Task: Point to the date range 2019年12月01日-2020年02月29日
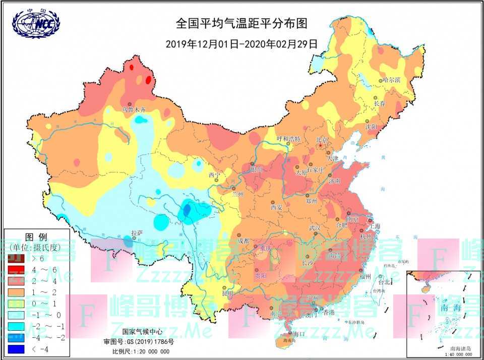point(241,43)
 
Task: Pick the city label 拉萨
point(137,233)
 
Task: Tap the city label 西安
point(276,207)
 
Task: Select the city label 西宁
point(214,175)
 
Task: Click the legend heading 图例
point(36,236)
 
